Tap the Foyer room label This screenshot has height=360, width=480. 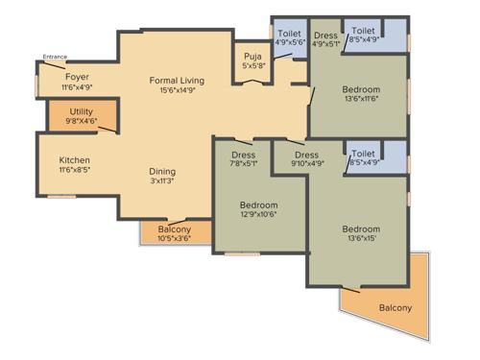(x=78, y=77)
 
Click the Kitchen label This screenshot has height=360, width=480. (x=75, y=160)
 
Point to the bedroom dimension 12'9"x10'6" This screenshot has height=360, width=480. (x=259, y=216)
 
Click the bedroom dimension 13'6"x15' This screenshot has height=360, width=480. (x=361, y=240)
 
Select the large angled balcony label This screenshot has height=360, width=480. (x=395, y=307)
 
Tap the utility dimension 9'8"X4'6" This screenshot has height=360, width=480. (x=82, y=123)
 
